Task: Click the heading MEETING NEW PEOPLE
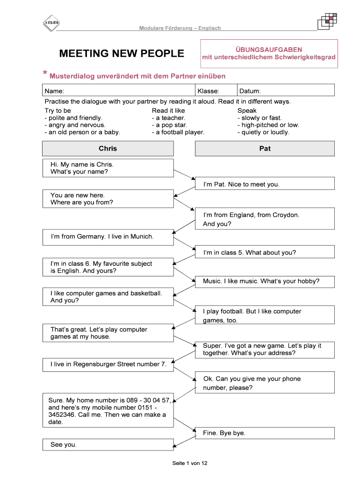point(122,54)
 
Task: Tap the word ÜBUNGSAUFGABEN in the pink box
point(268,50)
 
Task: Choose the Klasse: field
point(208,91)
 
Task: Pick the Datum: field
point(250,91)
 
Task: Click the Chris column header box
point(108,149)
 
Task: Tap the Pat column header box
point(265,149)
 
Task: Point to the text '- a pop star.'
point(169,125)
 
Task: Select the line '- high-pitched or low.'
point(268,125)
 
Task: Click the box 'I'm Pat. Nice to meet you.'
point(265,184)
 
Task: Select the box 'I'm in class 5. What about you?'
point(265,253)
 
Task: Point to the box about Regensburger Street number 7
point(108,364)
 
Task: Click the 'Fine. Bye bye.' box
point(265,433)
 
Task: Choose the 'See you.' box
point(108,445)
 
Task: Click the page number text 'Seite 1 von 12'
point(189,463)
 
